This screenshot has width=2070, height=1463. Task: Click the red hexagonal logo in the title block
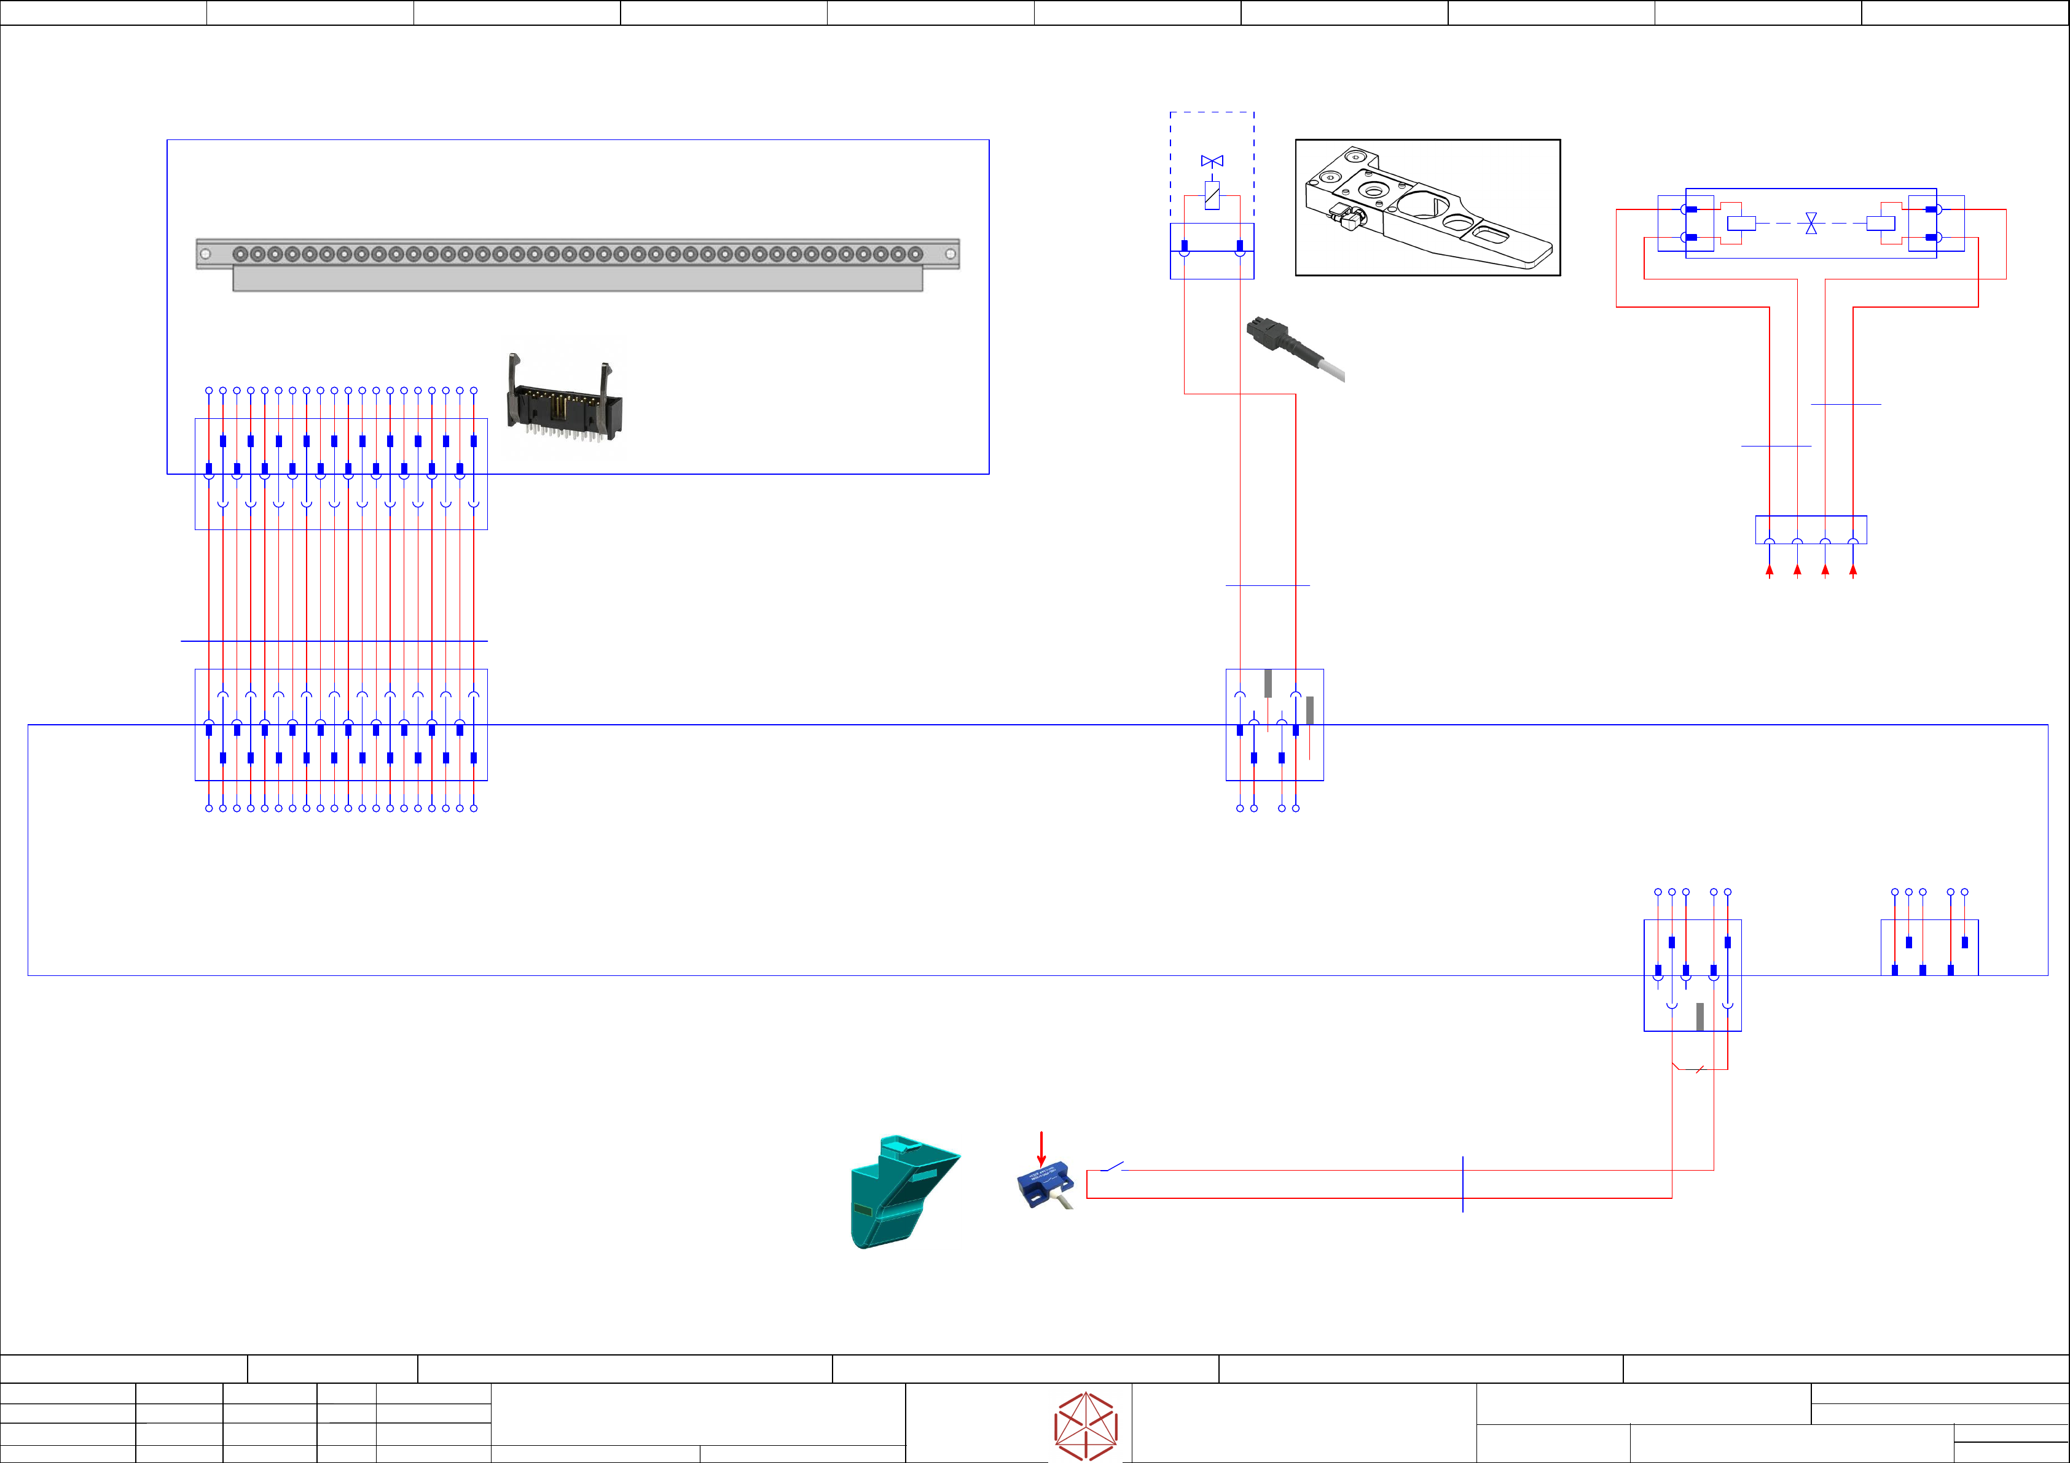tap(1086, 1426)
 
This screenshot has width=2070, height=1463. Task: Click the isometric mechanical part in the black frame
tap(1427, 208)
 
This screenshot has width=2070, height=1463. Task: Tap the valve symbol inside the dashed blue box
tap(1212, 162)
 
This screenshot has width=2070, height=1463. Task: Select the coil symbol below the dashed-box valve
tap(1212, 195)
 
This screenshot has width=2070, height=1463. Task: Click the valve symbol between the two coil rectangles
tap(1811, 224)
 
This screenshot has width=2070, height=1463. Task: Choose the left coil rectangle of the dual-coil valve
tap(1741, 224)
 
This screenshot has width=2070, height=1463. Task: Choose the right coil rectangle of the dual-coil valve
tap(1881, 224)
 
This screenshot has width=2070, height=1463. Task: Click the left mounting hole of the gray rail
tap(206, 254)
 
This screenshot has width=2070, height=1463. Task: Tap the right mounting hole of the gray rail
tap(951, 254)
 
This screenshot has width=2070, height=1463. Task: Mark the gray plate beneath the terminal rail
tap(577, 279)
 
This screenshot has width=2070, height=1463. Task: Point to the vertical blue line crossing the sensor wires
tap(1462, 1184)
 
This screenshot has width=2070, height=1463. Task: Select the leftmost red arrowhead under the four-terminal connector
tap(1770, 571)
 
